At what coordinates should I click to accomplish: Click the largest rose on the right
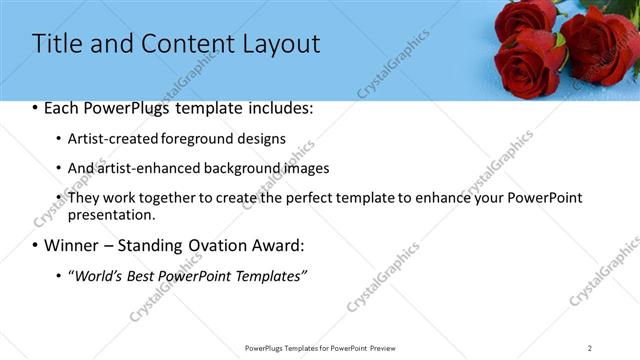(600, 45)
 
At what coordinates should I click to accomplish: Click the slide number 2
(590, 348)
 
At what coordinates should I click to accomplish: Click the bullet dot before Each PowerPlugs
(36, 109)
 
